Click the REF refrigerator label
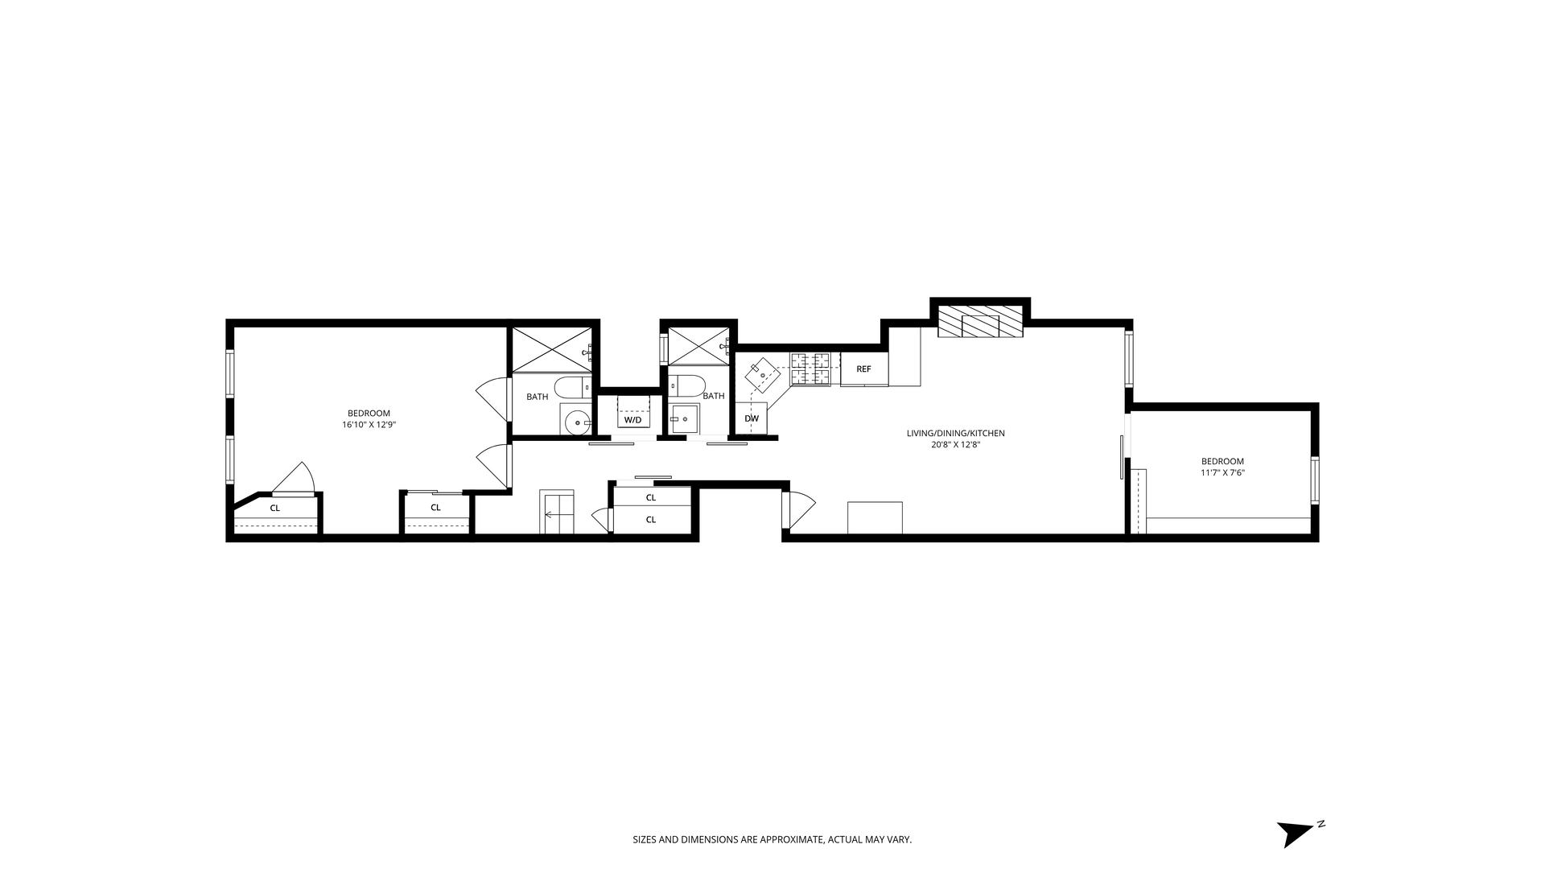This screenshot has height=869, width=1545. [x=863, y=369]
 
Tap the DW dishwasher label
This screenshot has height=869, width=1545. [x=752, y=418]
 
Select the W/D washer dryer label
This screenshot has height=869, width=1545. [x=633, y=420]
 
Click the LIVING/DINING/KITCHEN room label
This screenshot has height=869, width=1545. [x=956, y=434]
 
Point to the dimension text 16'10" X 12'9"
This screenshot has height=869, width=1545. [x=369, y=424]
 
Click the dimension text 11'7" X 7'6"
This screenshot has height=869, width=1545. [x=1223, y=473]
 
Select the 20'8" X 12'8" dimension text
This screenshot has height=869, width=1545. [x=956, y=444]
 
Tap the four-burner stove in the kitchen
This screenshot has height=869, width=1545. [x=810, y=369]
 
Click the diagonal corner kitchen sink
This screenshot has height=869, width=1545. [x=762, y=376]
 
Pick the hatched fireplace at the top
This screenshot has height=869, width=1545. [x=980, y=322]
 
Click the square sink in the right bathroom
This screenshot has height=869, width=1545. [x=686, y=418]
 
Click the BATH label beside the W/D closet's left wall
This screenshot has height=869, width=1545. [x=538, y=397]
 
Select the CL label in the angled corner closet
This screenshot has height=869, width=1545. [x=275, y=509]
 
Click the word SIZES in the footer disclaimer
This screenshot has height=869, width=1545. [x=645, y=840]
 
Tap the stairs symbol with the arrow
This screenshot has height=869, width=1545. [x=557, y=512]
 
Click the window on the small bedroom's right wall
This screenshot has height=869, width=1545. [x=1315, y=480]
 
